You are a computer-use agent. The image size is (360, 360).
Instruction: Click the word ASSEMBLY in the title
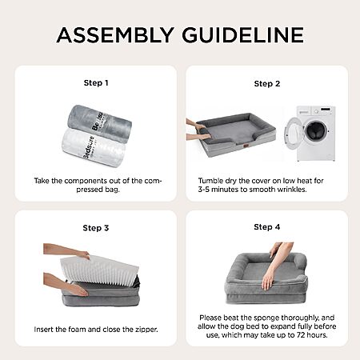[x=115, y=35]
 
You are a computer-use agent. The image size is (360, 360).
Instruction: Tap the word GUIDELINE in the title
[x=243, y=35]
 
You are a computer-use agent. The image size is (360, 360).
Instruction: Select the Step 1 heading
[x=96, y=83]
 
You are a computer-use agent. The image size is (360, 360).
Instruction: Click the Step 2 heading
[x=267, y=84]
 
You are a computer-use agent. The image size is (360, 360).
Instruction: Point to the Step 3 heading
[x=96, y=228]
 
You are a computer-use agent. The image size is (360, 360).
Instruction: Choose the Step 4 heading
[x=267, y=227]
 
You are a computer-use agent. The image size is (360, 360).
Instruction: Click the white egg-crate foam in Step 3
[x=99, y=270]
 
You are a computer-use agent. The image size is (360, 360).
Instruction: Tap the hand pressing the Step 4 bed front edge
[x=267, y=281]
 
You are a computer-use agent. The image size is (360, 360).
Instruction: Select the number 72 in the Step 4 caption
[x=302, y=335]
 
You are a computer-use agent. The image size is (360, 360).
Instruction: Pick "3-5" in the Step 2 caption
[x=204, y=190]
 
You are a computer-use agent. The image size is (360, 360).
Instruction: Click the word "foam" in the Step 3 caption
[x=77, y=330]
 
